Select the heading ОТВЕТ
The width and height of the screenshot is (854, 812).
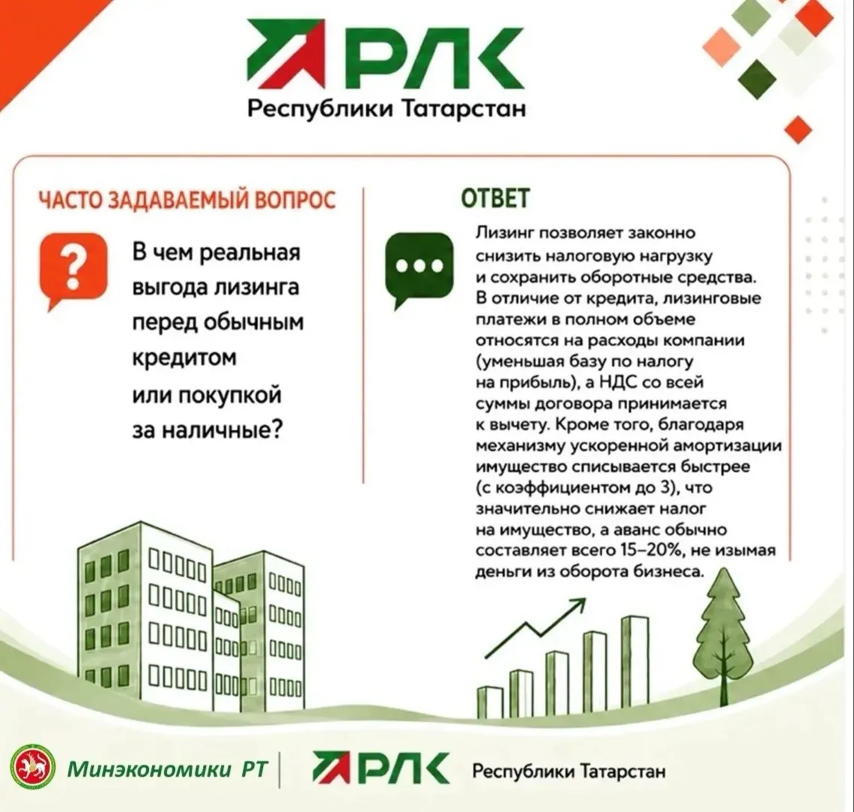click(495, 198)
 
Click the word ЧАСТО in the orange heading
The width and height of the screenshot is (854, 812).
click(70, 200)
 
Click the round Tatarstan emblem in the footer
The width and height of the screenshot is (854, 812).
click(33, 768)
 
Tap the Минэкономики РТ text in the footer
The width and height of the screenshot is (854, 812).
click(168, 769)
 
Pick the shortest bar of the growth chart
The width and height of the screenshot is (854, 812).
click(490, 702)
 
